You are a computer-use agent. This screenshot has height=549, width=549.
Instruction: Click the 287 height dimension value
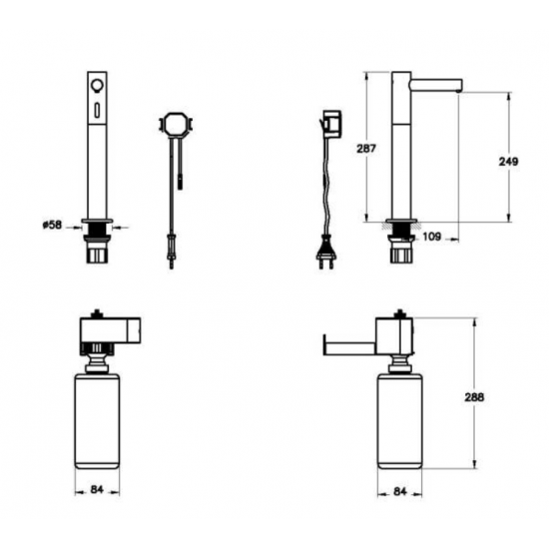click(366, 149)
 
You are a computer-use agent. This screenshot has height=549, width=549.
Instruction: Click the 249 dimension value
click(508, 162)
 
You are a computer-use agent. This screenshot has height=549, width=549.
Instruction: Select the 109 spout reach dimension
click(432, 237)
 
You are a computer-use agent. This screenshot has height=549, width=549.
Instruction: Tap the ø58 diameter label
click(52, 225)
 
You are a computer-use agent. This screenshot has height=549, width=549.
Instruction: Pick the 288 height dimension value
click(474, 397)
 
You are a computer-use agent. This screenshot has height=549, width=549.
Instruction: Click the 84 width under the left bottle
click(97, 489)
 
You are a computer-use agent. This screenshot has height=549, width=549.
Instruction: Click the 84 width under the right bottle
click(400, 491)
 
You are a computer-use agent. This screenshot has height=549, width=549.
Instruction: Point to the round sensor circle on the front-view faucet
click(96, 85)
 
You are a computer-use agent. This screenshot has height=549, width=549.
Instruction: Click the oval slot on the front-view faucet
click(96, 110)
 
